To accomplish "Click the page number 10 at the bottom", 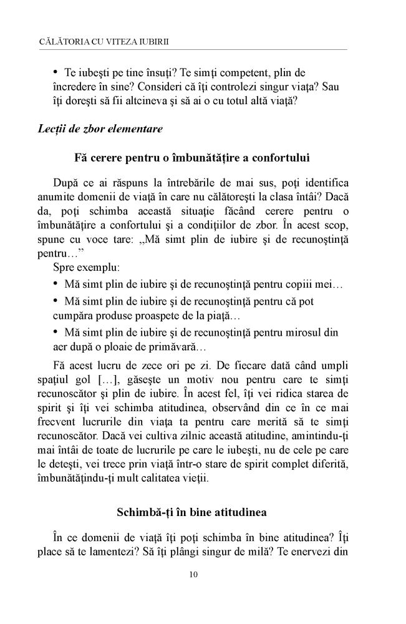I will tap(193, 575).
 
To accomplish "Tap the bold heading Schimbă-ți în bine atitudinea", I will tap(191, 512).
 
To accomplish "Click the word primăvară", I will tap(178, 347).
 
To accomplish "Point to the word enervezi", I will tap(311, 552).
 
